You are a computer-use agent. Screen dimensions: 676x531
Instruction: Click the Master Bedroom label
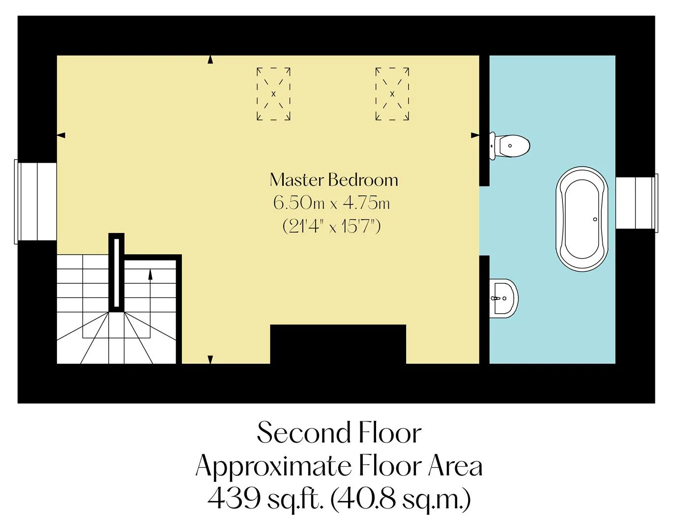[334, 180]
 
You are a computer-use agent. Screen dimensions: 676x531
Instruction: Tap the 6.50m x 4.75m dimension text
[332, 203]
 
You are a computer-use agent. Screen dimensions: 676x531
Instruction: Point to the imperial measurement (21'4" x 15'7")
[332, 226]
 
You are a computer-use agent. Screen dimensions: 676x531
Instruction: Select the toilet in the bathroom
[509, 146]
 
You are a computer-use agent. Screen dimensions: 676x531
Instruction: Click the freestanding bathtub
[582, 219]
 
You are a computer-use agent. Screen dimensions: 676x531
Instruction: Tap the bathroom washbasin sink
[503, 298]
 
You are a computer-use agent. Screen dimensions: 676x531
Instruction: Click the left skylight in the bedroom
[273, 93]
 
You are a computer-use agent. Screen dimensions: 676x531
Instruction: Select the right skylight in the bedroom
[392, 93]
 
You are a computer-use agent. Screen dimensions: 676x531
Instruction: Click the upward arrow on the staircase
[150, 303]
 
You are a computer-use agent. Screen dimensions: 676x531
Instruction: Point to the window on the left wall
[35, 202]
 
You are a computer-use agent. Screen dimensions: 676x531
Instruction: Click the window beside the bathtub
[637, 203]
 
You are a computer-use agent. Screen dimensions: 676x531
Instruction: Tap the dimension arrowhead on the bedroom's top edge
[210, 59]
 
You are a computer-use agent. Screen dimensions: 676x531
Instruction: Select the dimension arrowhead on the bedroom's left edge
[61, 135]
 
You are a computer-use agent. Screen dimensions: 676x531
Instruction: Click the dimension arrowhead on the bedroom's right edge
[475, 135]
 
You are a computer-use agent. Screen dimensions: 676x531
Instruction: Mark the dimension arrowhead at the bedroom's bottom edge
[210, 359]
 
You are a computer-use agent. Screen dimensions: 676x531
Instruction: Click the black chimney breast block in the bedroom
[338, 344]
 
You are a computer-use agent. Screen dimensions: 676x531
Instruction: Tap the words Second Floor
[339, 433]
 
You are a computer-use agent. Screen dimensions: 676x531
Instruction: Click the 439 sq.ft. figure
[265, 499]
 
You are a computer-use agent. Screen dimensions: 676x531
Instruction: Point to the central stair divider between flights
[117, 272]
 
